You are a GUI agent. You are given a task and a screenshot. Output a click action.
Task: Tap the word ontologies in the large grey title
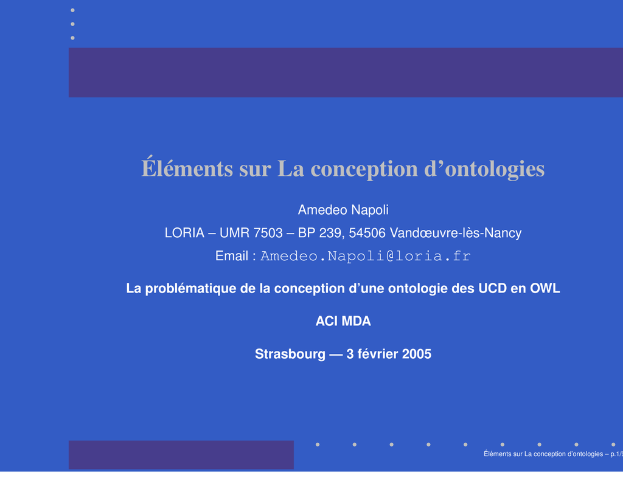point(495,170)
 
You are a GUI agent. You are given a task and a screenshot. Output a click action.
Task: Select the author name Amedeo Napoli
point(343,210)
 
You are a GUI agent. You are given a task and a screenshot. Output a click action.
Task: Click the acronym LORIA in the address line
point(184,233)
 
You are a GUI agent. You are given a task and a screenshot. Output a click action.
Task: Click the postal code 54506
point(367,233)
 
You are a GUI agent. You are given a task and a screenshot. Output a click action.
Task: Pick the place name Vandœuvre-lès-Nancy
point(456,233)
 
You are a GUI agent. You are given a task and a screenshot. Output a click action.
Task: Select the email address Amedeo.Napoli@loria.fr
point(366,256)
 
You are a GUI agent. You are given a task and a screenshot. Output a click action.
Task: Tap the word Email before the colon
point(232,256)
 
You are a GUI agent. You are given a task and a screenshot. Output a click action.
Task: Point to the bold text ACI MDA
point(343,321)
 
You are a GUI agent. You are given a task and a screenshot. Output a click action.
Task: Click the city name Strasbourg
point(290,354)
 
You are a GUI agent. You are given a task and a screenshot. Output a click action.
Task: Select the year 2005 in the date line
point(416,354)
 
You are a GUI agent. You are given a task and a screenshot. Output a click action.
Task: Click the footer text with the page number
point(553,454)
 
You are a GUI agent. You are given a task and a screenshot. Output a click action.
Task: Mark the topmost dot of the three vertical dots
point(73,10)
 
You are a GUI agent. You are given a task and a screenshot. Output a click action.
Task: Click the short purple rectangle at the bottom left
point(181,455)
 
